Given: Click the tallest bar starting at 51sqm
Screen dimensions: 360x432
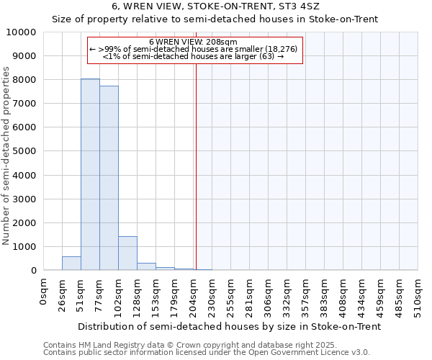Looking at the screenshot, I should (x=90, y=174).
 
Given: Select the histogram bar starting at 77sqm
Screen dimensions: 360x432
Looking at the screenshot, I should (x=109, y=178).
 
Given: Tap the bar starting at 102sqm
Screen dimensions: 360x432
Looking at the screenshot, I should (x=127, y=253).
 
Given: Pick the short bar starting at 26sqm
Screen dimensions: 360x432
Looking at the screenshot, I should (x=71, y=263).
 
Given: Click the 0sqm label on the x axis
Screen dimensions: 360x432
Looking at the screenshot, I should (x=44, y=292).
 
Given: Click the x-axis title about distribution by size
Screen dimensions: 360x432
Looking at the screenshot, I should (x=229, y=326).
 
